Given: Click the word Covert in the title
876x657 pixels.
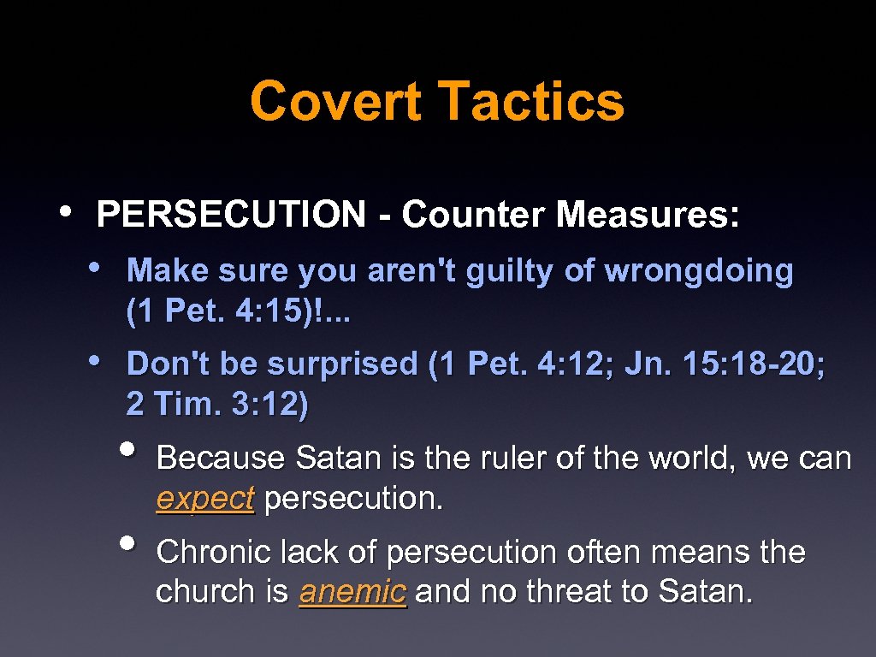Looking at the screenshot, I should coord(335,101).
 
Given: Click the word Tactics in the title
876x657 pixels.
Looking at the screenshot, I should coord(531,101).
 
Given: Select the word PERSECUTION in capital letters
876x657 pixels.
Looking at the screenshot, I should coord(231,215).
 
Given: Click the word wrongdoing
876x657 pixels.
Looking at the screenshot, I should coord(699,272).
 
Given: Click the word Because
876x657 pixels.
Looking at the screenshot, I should coord(221,459).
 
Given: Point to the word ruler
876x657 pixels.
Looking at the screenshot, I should coord(505,459).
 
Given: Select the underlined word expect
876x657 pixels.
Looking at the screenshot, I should coord(205,499).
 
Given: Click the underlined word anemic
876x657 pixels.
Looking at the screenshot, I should coord(352,592).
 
